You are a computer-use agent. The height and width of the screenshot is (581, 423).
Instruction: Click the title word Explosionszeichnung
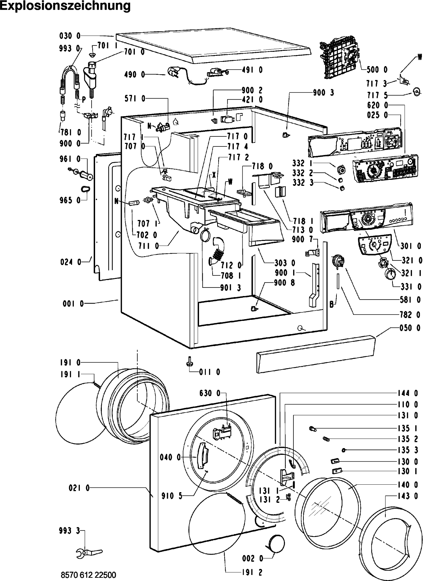pos(66,6)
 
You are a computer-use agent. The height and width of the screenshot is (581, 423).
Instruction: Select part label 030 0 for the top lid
pos(70,36)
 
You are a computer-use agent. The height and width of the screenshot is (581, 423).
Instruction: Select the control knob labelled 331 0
pos(391,274)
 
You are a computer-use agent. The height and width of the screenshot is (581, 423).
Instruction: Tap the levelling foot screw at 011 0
pos(188,361)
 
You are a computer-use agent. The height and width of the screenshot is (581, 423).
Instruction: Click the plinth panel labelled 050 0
pos(315,354)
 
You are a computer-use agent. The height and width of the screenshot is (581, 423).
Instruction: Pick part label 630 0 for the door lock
pos(210,393)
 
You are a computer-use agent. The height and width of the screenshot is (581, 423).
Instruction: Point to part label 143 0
pos(408,496)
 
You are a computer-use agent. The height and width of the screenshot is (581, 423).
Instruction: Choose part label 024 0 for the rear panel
pos(71,262)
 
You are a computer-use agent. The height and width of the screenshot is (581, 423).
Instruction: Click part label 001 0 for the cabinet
pos(73,303)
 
